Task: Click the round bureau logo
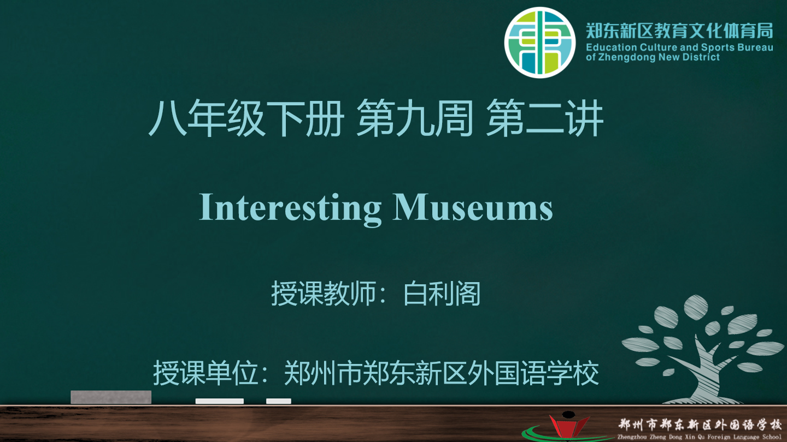[x=540, y=43]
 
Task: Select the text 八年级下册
[x=246, y=118]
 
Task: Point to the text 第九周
[x=415, y=118]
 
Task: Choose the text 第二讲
[x=545, y=118]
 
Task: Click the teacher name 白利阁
[x=442, y=294]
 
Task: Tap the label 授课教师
[x=323, y=294]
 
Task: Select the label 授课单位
[x=205, y=373]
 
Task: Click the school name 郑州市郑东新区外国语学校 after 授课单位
[x=441, y=373]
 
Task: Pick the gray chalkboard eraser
[x=111, y=397]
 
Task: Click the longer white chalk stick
[x=220, y=401]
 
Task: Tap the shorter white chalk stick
[x=279, y=401]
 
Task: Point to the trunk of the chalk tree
[x=706, y=375]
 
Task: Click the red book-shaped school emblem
[x=569, y=427]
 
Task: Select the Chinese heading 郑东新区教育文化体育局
[x=679, y=31]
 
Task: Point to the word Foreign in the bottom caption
[x=719, y=437]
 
